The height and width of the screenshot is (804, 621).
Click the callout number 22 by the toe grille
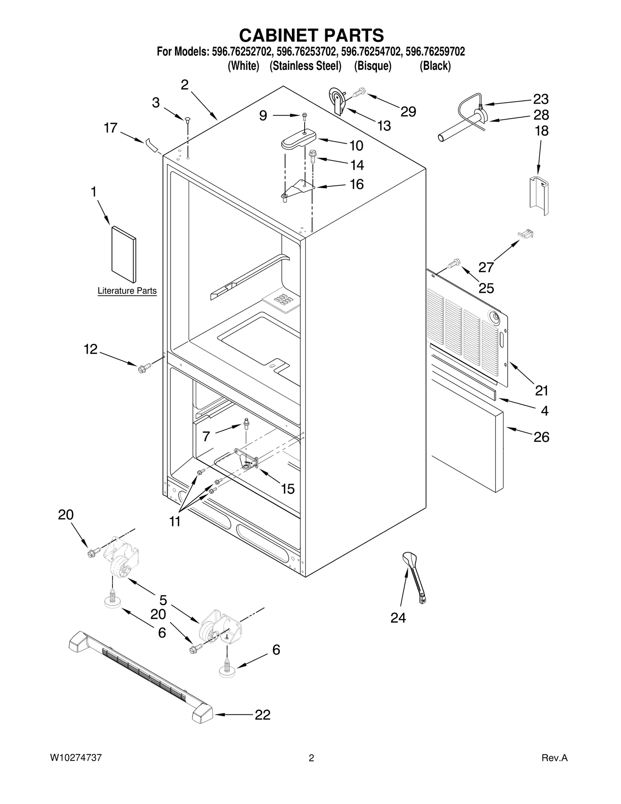coord(262,715)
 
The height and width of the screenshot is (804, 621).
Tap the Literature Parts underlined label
coord(127,291)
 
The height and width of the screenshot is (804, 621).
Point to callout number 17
coord(111,128)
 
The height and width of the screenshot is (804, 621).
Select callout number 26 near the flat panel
coord(541,437)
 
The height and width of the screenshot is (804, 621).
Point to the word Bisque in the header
coord(373,66)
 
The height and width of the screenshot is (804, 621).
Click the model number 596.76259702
coord(435,52)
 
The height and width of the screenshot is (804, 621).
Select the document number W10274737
coord(76,757)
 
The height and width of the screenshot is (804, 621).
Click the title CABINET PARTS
coord(311,35)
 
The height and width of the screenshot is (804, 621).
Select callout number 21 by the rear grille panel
coord(541,390)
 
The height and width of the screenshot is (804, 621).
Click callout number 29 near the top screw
coord(408,111)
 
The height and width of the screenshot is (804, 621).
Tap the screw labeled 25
coord(453,264)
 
